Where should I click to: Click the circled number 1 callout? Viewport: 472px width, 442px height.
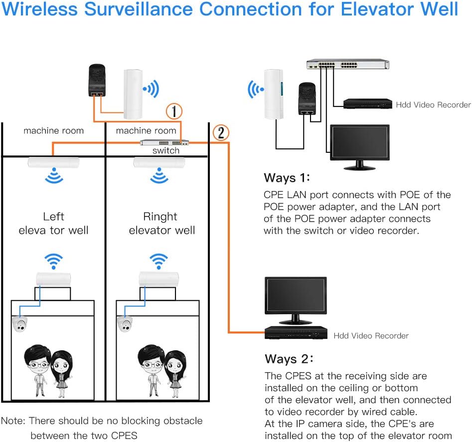(174, 111)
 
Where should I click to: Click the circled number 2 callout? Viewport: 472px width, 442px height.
(221, 132)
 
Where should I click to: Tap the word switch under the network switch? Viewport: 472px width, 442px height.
(166, 150)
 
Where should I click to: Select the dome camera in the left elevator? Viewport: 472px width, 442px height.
(20, 324)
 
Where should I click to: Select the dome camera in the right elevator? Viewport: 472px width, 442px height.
(125, 324)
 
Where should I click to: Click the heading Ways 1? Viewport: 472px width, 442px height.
(287, 178)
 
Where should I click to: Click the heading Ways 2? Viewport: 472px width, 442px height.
(289, 359)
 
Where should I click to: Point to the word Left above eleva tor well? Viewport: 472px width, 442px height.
(53, 217)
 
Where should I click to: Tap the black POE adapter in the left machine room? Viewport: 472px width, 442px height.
(97, 80)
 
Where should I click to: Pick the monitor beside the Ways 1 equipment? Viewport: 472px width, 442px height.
(360, 147)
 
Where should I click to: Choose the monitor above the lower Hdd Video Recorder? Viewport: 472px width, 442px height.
(296, 300)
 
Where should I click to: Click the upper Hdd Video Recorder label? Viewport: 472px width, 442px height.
(433, 105)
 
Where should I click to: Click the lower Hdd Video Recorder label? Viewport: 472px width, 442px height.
(371, 335)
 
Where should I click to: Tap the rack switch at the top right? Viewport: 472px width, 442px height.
(348, 64)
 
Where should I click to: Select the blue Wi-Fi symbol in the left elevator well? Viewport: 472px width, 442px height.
(54, 261)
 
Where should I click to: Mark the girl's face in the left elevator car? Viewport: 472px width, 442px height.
(61, 364)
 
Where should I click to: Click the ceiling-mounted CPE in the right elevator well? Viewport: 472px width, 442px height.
(159, 163)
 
